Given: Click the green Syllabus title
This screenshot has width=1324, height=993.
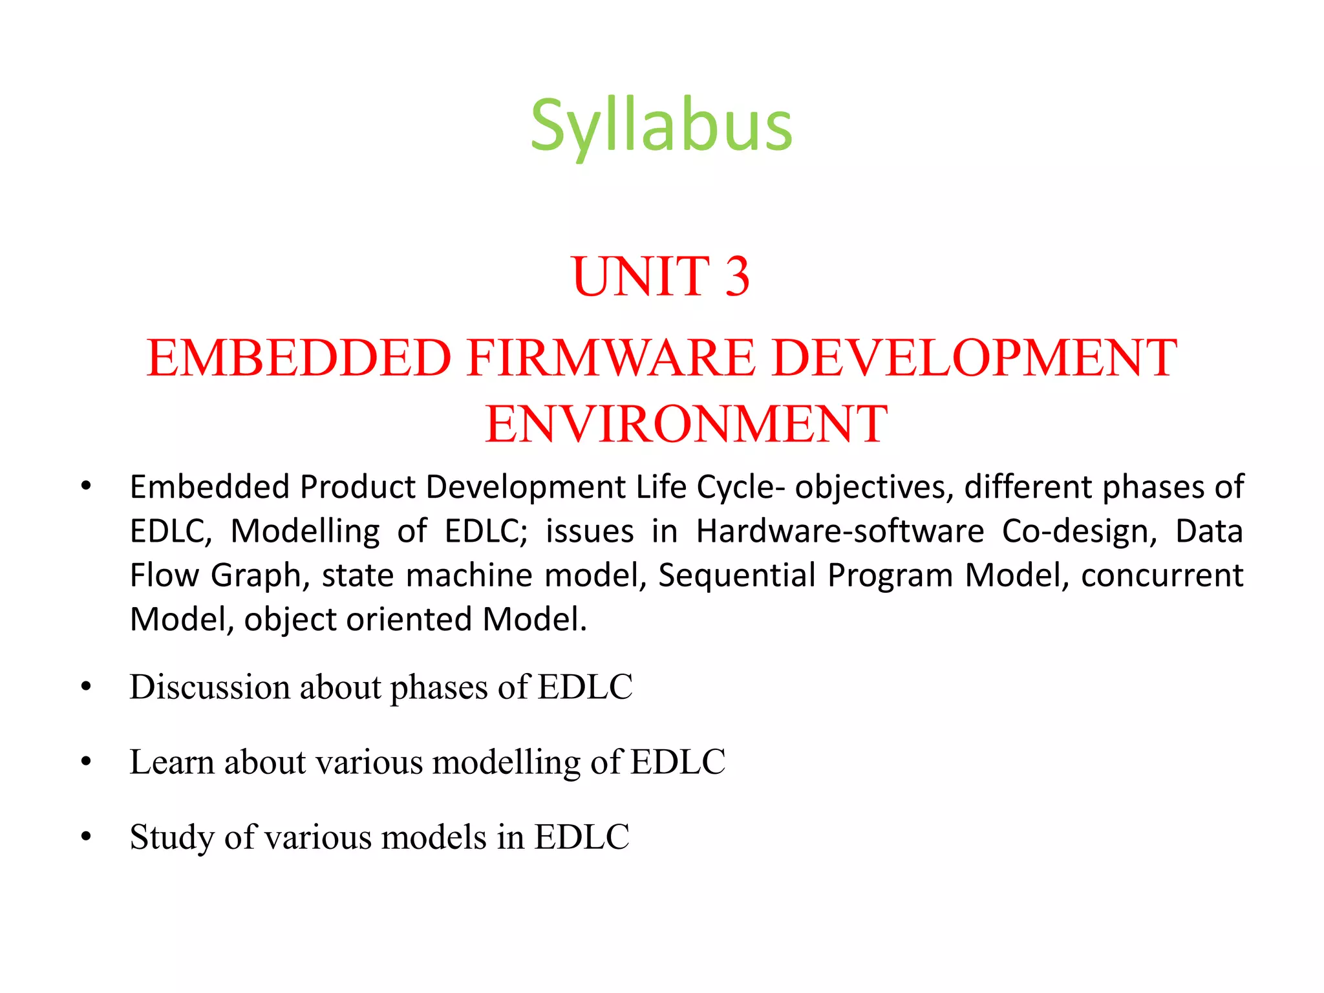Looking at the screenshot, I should click(x=661, y=125).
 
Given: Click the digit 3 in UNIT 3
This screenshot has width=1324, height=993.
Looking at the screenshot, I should click(x=736, y=277).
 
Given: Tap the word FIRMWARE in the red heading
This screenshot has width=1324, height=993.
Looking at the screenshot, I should click(x=610, y=358).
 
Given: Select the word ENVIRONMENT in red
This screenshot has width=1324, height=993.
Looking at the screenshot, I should click(x=686, y=424).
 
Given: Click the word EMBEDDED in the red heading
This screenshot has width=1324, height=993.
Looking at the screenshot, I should click(x=299, y=358).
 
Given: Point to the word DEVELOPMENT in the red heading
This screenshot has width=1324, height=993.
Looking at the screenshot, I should click(x=974, y=358).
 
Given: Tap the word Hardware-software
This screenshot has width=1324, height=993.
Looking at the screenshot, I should click(x=840, y=531).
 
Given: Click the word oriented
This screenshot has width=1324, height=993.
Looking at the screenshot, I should click(x=409, y=619).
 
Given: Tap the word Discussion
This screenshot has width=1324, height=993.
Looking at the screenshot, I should click(x=209, y=687).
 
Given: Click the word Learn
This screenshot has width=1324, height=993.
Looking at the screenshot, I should click(x=171, y=762).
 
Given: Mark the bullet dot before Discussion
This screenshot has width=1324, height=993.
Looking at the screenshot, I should click(x=86, y=687).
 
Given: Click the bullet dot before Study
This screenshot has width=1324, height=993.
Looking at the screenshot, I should click(x=86, y=837).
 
